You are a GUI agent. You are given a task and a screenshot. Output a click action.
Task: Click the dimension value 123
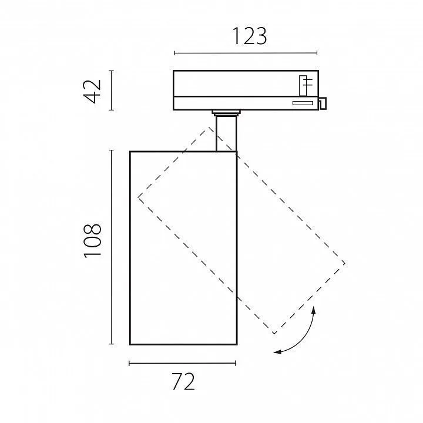(x=250, y=36)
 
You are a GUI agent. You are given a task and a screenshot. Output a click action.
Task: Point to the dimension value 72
(x=183, y=381)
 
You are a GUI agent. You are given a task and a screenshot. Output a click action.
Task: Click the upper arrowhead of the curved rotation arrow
(x=313, y=310)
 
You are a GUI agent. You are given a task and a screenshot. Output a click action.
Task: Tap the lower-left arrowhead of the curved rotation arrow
(x=277, y=351)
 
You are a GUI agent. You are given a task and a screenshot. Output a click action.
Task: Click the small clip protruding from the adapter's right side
(x=323, y=103)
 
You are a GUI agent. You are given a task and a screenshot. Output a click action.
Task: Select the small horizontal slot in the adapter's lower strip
(x=303, y=103)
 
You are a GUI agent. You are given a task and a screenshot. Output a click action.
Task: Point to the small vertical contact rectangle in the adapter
(x=303, y=86)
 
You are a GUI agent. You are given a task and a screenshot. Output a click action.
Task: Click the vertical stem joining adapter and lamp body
(x=226, y=133)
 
